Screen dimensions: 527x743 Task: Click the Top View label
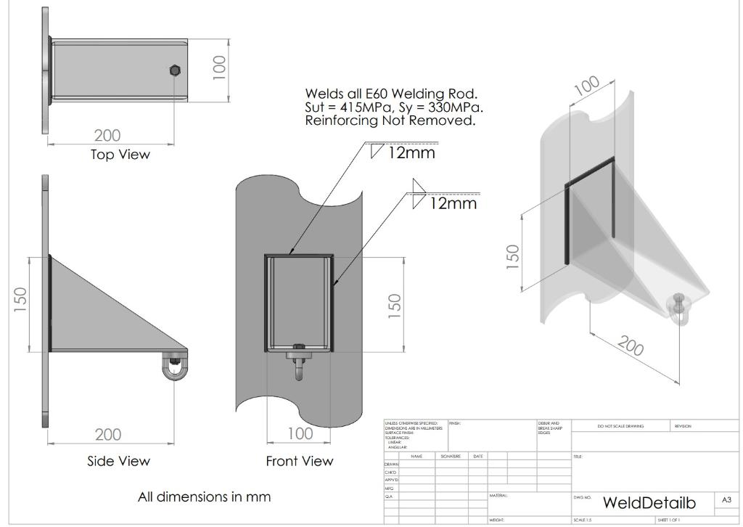pyautogui.click(x=120, y=155)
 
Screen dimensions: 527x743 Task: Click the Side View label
pyautogui.click(x=118, y=461)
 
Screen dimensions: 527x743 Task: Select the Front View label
pyautogui.click(x=299, y=461)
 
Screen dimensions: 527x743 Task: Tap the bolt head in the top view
pyautogui.click(x=174, y=70)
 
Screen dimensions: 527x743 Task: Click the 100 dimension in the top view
pyautogui.click(x=218, y=69)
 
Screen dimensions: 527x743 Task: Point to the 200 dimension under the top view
pyautogui.click(x=107, y=135)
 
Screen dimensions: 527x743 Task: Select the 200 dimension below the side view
pyautogui.click(x=108, y=435)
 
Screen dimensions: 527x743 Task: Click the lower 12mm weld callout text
pyautogui.click(x=453, y=204)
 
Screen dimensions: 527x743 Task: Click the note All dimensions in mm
pyautogui.click(x=204, y=497)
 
